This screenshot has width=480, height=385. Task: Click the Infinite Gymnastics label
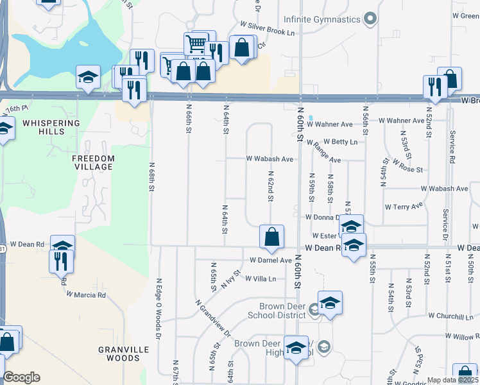point(321,19)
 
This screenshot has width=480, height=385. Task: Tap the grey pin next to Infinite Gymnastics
point(370,19)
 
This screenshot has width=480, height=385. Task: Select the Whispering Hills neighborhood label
point(51,126)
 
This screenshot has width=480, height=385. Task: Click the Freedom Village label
point(93,162)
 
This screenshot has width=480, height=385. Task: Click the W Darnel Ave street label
point(270,261)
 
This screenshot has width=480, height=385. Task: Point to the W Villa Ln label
point(261,279)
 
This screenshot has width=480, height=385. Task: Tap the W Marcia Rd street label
point(86,295)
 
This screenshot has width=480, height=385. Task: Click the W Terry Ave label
point(404,207)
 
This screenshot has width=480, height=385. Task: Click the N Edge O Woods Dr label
point(156,309)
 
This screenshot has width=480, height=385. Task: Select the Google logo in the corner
point(21,378)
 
